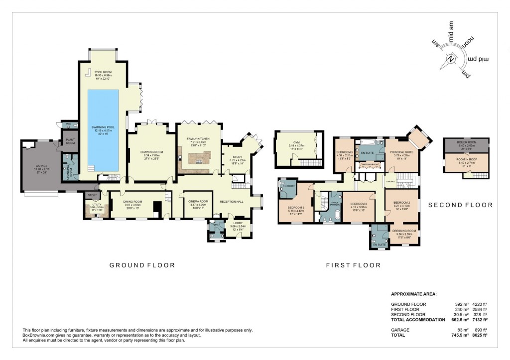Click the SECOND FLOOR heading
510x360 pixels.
pyautogui.click(x=460, y=205)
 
